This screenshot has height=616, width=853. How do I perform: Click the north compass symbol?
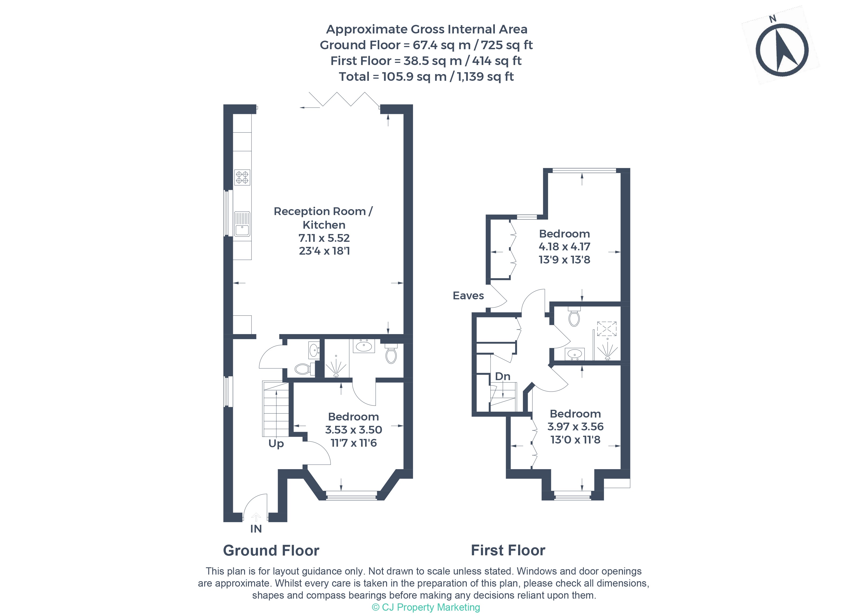[x=782, y=50]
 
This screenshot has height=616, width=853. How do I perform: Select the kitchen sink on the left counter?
[x=242, y=224]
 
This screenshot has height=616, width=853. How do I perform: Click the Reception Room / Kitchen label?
[x=323, y=218]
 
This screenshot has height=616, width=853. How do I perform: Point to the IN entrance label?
[x=256, y=529]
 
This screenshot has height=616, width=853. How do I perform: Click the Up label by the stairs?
[x=276, y=443]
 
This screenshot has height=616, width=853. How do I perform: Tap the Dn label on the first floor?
[x=503, y=376]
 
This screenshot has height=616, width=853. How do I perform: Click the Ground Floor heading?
[x=271, y=550]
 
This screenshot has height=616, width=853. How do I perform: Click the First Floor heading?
[x=508, y=550]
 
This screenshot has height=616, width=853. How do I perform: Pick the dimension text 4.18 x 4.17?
[x=564, y=247]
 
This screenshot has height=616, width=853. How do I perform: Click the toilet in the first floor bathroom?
[x=574, y=317]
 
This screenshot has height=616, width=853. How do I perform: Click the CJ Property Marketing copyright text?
[x=426, y=607]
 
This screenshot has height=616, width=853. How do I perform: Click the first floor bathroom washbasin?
[x=574, y=354]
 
